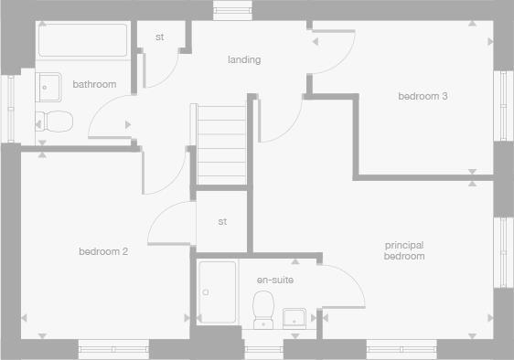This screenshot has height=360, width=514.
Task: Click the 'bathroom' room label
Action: pyautogui.click(x=94, y=85)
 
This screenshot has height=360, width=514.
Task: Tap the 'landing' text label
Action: pyautogui.click(x=244, y=60)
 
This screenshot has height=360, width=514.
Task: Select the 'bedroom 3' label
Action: pyautogui.click(x=422, y=96)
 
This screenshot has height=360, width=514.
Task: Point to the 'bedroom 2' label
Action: pyautogui.click(x=102, y=251)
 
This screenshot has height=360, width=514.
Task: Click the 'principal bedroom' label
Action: pyautogui.click(x=404, y=250)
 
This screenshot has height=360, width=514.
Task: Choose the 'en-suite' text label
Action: pyautogui.click(x=274, y=280)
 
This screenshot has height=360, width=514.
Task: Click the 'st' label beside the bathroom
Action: pyautogui.click(x=159, y=37)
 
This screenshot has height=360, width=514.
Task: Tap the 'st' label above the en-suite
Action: pyautogui.click(x=222, y=222)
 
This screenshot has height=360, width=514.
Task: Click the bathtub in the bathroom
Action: pyautogui.click(x=83, y=41)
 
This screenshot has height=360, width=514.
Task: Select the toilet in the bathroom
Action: pyautogui.click(x=55, y=121)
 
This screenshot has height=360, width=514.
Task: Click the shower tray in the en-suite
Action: pyautogui.click(x=216, y=291)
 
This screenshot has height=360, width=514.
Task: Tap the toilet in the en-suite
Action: pyautogui.click(x=264, y=307)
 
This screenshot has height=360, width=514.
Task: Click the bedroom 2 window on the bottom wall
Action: pyautogui.click(x=112, y=348)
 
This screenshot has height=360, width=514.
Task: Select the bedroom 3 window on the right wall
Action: pyautogui.click(x=504, y=102)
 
